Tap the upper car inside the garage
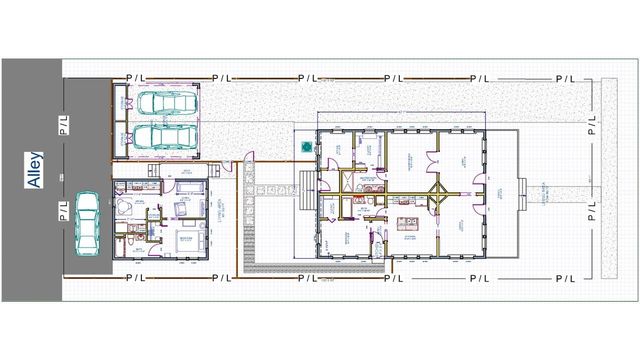pyautogui.click(x=165, y=103)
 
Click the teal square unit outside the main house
pyautogui.click(x=304, y=146)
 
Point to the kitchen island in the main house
pyautogui.click(x=408, y=223)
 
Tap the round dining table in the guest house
pyautogui.click(x=127, y=205)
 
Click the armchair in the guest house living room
pyautogui.click(x=179, y=208)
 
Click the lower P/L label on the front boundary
pyautogui.click(x=592, y=210)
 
